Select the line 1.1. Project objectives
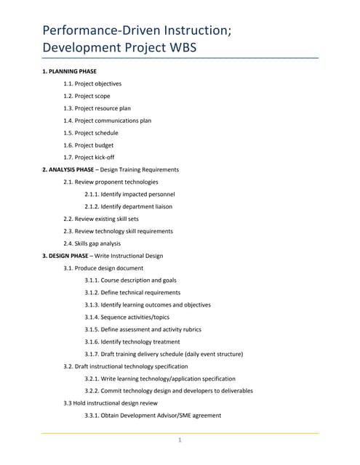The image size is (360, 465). tap(92, 84)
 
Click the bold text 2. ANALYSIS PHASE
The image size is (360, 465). tap(68, 169)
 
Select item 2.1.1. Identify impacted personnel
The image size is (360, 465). tap(129, 194)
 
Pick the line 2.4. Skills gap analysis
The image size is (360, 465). tap(92, 243)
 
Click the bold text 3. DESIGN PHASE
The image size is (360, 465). tap(65, 256)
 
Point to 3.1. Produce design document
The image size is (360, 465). tap(103, 268)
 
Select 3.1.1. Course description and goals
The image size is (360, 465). tap(130, 280)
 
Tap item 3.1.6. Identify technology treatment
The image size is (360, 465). tap(132, 341)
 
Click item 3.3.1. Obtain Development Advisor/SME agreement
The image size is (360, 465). tap(153, 415)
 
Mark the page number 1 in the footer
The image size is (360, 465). tap(180, 440)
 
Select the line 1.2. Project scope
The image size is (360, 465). tap(87, 96)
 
